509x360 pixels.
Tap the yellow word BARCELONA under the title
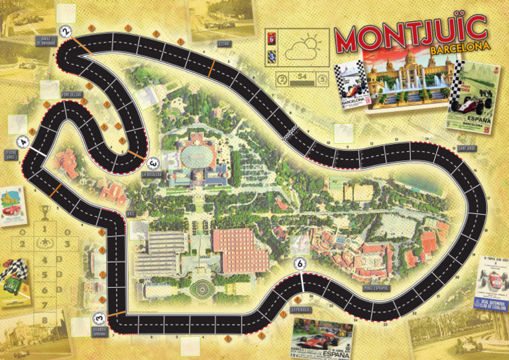(455, 48)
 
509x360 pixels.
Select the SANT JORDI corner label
(467, 148)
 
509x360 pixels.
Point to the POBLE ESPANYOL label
(377, 288)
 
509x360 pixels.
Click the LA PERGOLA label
(301, 310)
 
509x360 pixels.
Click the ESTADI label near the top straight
(223, 44)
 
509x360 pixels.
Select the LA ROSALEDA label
(152, 174)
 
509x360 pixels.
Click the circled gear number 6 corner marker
(302, 264)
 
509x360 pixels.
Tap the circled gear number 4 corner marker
(24, 141)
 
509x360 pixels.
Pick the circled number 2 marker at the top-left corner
(66, 30)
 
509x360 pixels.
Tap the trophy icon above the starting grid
(44, 213)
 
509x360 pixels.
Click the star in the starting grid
(44, 243)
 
